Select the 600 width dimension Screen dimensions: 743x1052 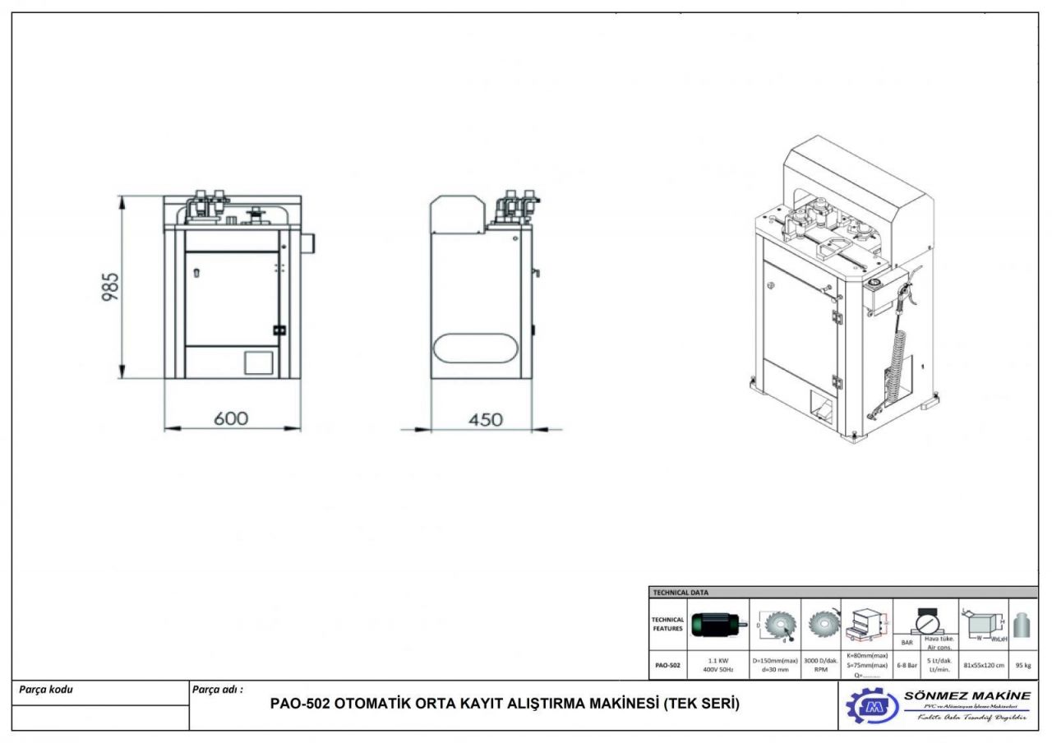[232, 418]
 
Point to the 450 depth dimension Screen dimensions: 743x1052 [485, 419]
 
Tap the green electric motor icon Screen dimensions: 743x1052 [718, 625]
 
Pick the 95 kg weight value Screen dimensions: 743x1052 [1023, 665]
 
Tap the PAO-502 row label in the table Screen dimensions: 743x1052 [666, 665]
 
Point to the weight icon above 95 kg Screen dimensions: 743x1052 [1023, 626]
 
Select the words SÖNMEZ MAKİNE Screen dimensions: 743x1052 [967, 695]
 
